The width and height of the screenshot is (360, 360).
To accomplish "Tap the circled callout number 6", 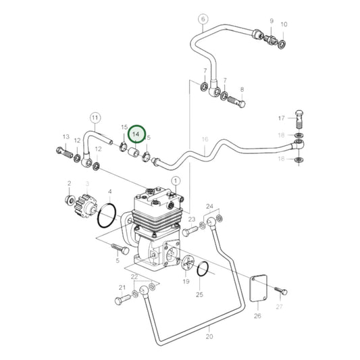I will [x=201, y=20].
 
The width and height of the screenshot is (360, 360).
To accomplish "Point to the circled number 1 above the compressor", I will [x=176, y=180].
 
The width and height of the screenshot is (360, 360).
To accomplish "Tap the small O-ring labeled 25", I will [x=203, y=271].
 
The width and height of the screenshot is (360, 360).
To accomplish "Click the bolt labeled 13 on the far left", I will [x=64, y=153].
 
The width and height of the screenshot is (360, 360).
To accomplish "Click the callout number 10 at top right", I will [x=284, y=24].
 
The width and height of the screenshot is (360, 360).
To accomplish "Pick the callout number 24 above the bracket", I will [x=209, y=205].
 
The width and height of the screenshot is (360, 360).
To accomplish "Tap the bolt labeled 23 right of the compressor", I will [x=190, y=230].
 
